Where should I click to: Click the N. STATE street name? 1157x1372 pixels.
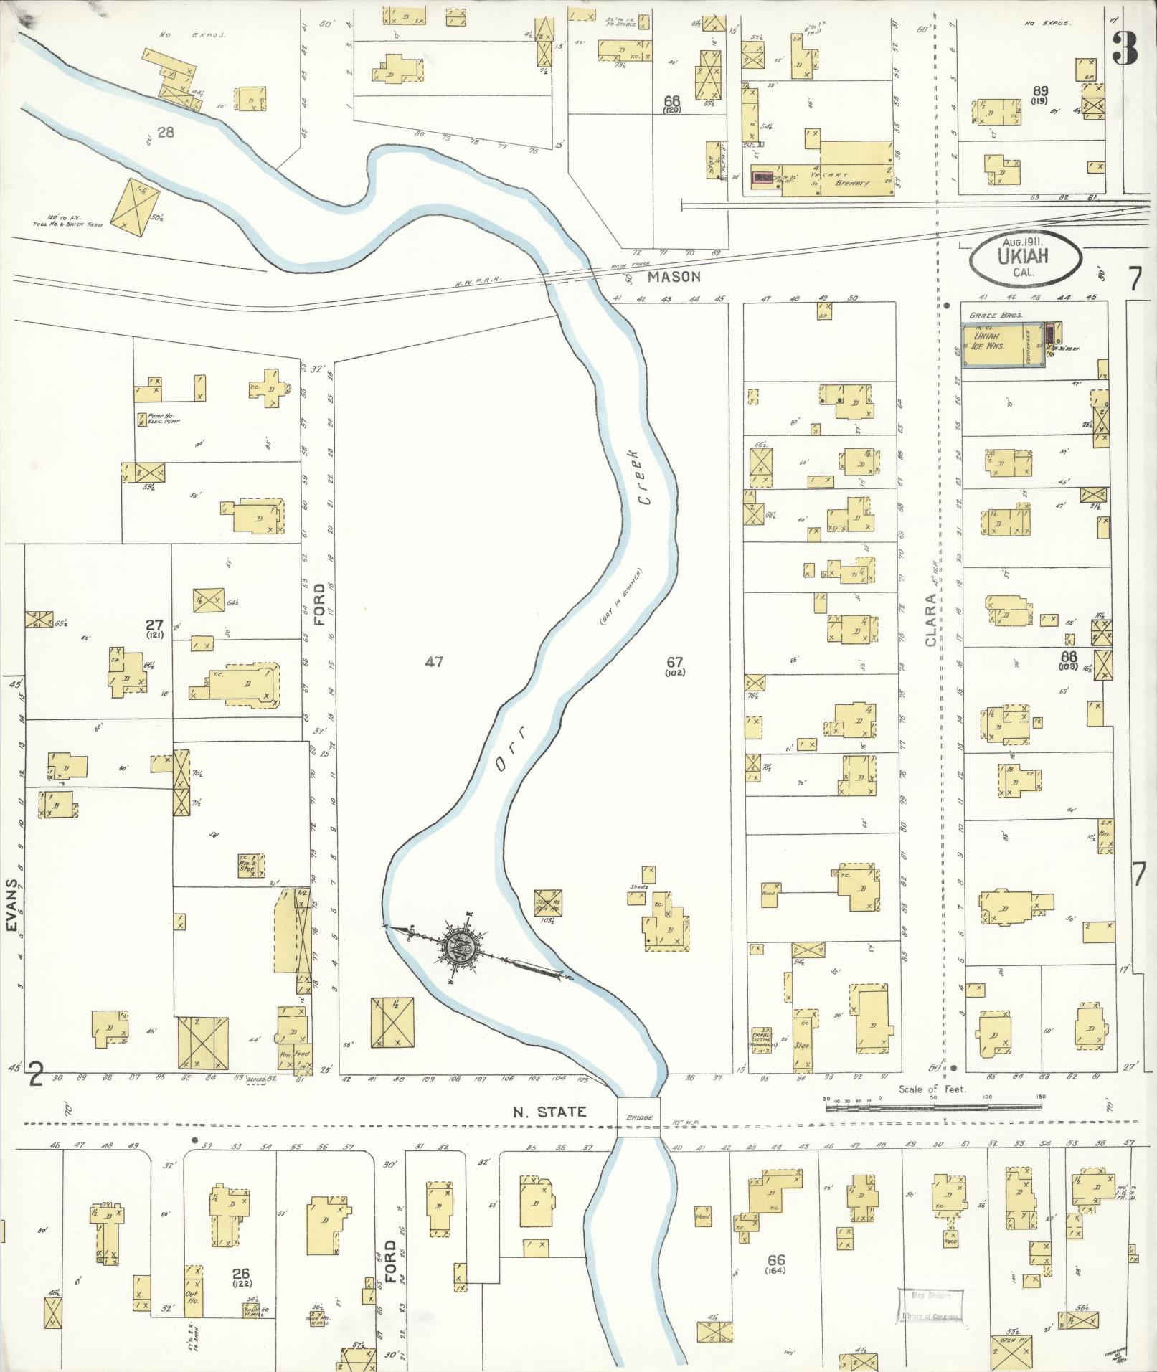point(549,1112)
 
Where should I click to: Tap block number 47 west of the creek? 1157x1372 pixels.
point(434,661)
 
